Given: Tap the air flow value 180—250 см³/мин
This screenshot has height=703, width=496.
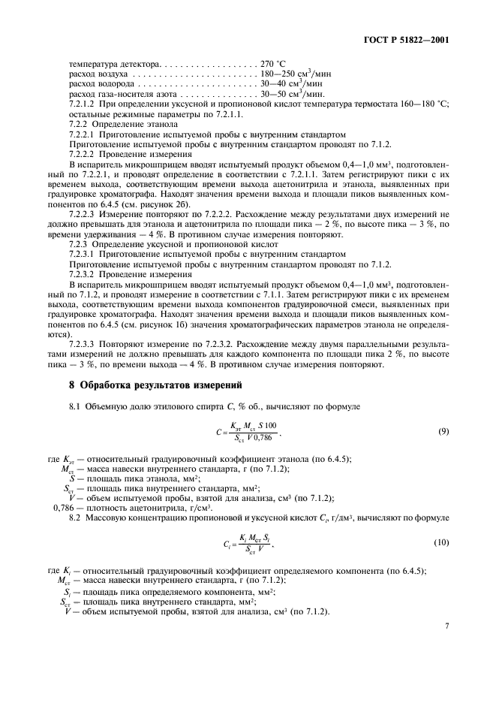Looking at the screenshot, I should coord(293,74).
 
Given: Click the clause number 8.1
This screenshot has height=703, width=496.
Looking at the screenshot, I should coord(74,406).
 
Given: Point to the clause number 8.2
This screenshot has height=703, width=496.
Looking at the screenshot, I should coord(74,517).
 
